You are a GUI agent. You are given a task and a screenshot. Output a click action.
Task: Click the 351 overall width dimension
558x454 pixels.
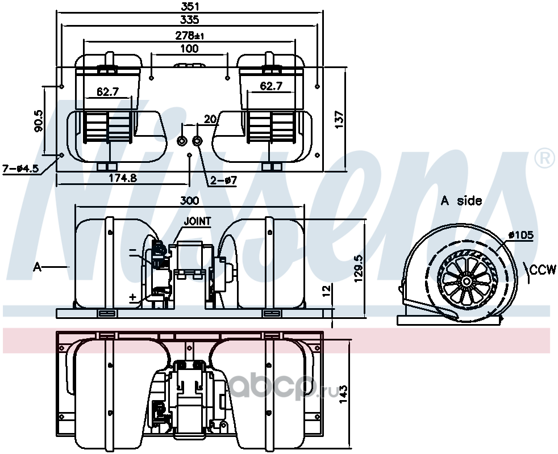coord(190,6)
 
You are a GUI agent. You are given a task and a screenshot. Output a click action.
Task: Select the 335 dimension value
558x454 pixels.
coord(190,20)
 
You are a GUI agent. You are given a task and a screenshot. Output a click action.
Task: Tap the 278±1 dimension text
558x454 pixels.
coord(190,35)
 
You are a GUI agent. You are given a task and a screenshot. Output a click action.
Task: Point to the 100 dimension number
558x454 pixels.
coord(189,48)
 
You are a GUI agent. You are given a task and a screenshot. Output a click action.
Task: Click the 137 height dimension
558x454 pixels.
coord(339,120)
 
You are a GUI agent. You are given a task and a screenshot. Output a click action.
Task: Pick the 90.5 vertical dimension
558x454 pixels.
coord(39,121)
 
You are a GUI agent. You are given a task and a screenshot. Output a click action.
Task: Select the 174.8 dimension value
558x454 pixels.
coord(123,178)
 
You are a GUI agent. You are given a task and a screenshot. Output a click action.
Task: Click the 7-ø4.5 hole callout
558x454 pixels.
coord(20,169)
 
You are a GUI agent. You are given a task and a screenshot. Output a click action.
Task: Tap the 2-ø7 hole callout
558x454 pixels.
coord(223,180)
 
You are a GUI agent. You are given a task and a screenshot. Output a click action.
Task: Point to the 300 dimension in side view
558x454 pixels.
coord(189,201)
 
